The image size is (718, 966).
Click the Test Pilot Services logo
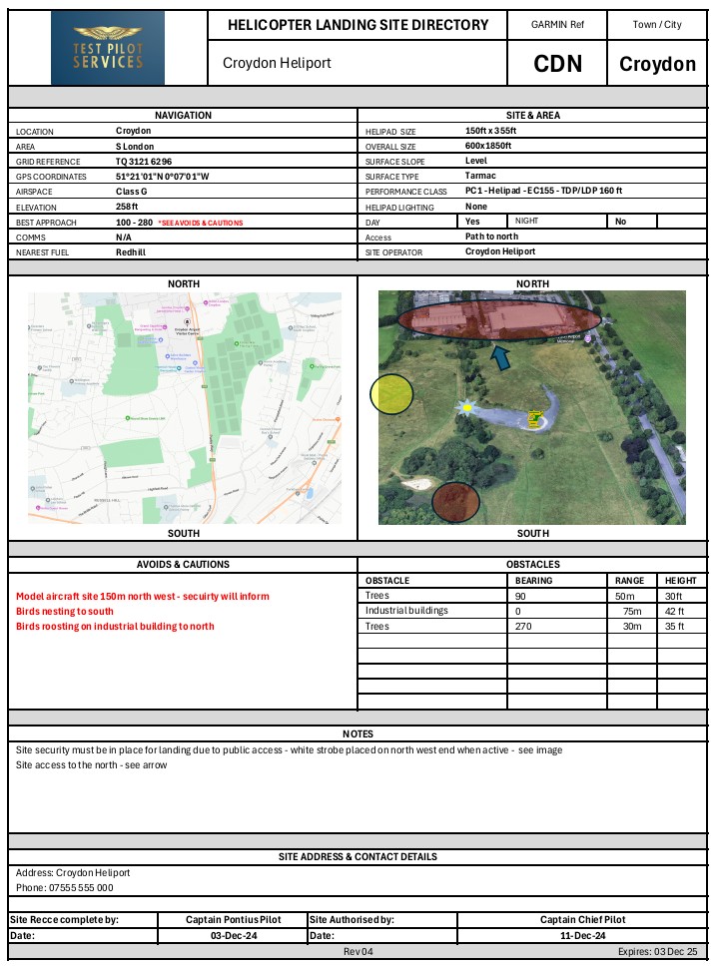[108, 47]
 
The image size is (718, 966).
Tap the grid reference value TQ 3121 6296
[144, 161]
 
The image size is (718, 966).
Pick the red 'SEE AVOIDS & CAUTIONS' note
[200, 223]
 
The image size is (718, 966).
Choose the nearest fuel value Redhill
[132, 252]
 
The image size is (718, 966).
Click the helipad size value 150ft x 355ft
[491, 131]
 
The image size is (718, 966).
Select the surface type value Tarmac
[480, 176]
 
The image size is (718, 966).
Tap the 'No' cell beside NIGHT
[620, 222]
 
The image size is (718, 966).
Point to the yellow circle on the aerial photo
[391, 394]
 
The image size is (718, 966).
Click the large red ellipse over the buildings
[499, 319]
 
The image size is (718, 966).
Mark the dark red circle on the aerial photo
[456, 501]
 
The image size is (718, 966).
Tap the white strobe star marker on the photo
[466, 407]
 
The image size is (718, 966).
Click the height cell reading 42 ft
[675, 611]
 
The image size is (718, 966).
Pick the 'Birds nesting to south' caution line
[65, 611]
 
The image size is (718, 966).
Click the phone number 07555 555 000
[77, 887]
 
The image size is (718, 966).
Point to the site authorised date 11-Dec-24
[584, 935]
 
